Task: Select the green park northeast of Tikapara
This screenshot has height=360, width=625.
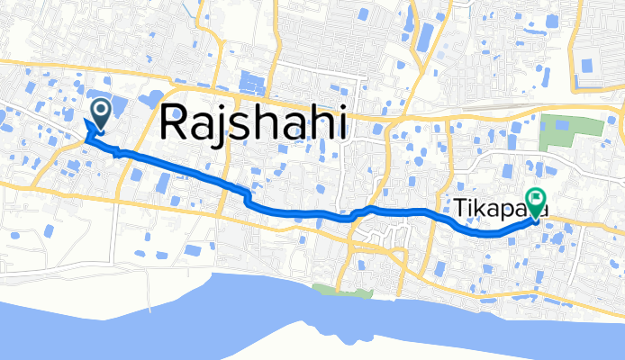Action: (x=569, y=134)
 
